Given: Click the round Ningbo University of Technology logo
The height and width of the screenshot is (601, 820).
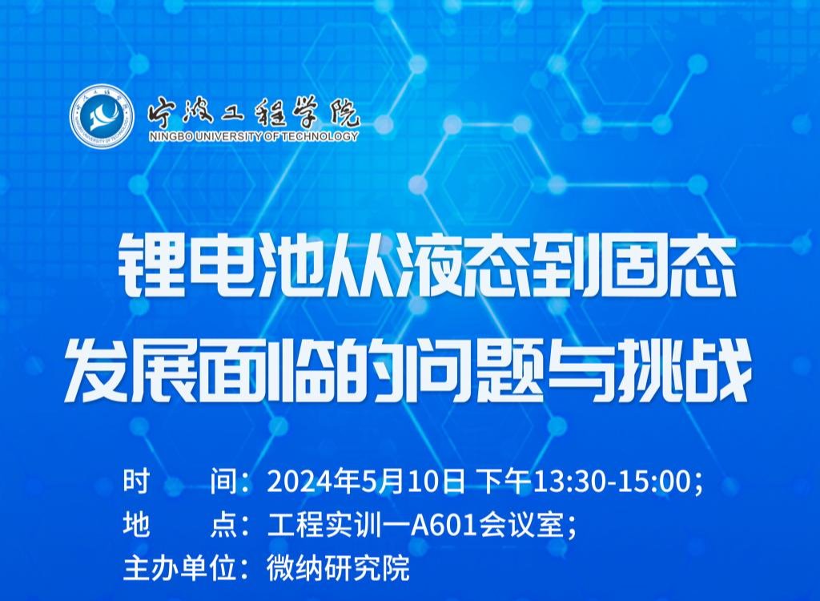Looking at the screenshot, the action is (x=102, y=116).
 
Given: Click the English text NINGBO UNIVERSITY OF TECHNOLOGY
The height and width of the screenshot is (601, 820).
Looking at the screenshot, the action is (x=254, y=137).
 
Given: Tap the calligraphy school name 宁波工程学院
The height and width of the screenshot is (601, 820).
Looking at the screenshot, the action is (x=254, y=113).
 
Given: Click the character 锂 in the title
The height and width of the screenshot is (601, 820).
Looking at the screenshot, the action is (x=144, y=266).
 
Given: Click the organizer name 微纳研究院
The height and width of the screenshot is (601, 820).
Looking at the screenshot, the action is (x=338, y=568).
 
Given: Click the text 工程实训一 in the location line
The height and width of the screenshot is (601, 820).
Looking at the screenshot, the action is (x=339, y=525).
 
